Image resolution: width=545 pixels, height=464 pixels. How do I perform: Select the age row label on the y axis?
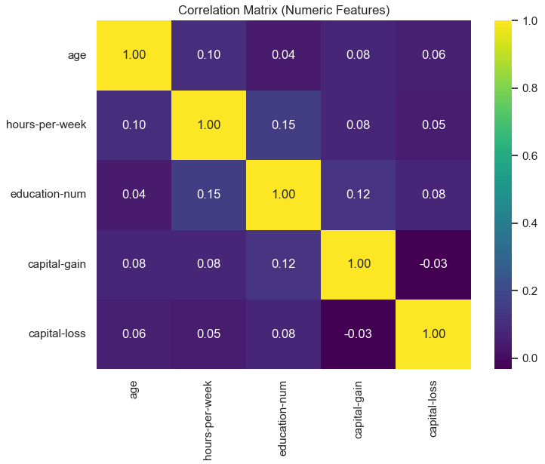pyautogui.click(x=77, y=54)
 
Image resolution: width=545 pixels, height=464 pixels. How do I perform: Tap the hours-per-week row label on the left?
pyautogui.click(x=46, y=124)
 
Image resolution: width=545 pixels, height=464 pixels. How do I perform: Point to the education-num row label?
pyautogui.click(x=48, y=195)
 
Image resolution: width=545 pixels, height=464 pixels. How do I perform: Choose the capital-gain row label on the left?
pyautogui.click(x=54, y=264)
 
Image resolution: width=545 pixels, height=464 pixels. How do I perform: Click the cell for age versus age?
pyautogui.click(x=134, y=54)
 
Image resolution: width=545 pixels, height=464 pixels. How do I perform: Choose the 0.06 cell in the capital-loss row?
pyautogui.click(x=134, y=334)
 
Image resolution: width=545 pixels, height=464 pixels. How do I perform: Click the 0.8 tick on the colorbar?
pyautogui.click(x=526, y=89)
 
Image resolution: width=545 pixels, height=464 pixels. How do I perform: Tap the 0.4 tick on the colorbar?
pyautogui.click(x=526, y=224)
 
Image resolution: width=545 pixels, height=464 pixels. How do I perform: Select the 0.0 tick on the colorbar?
pyautogui.click(x=526, y=359)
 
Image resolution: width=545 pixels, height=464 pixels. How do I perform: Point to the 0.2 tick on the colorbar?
pyautogui.click(x=526, y=292)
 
